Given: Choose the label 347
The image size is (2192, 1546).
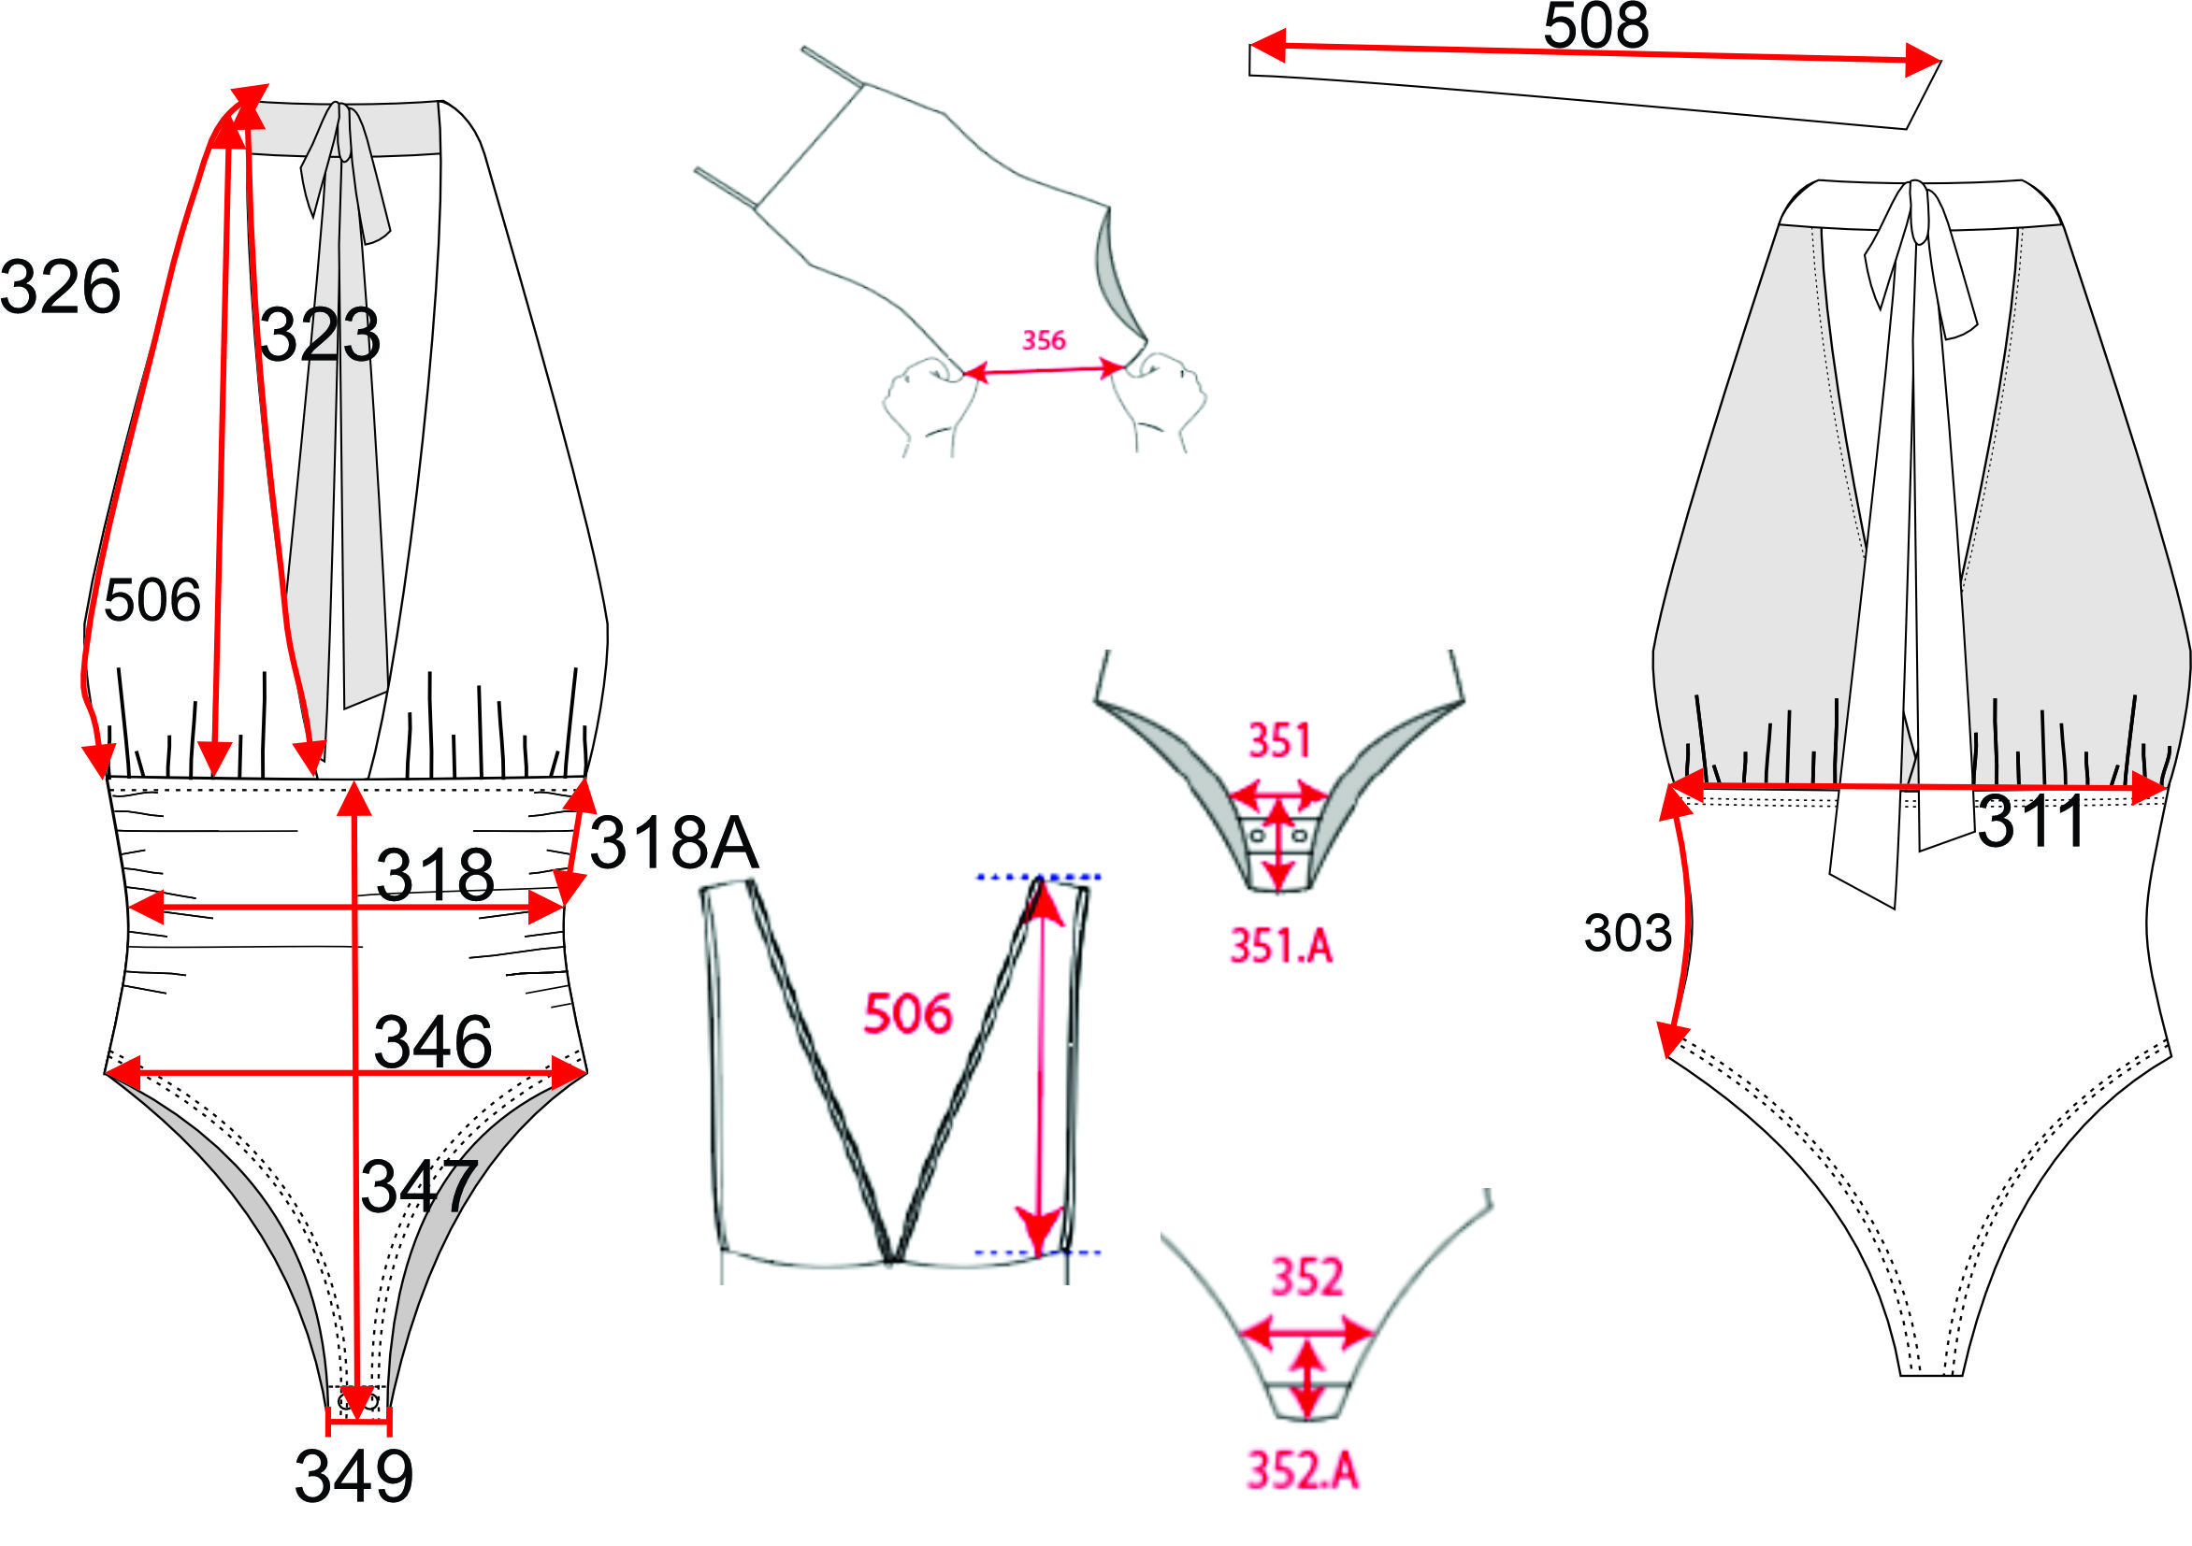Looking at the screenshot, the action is click(419, 1185).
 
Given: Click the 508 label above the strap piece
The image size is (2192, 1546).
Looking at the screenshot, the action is click(1596, 26).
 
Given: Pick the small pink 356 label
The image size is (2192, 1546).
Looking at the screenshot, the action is click(1044, 339).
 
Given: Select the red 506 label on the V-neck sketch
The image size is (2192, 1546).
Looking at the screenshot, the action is click(908, 1012).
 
